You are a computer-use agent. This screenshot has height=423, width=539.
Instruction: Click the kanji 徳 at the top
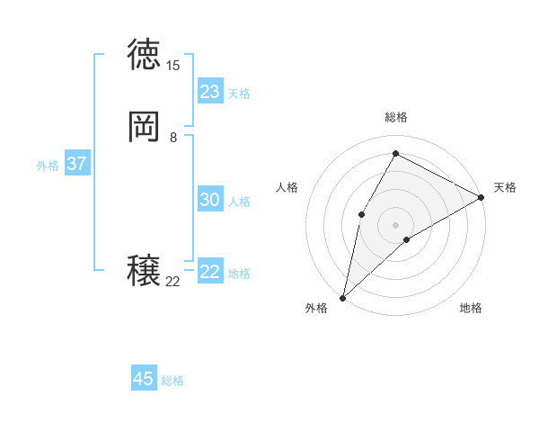pos(144,55)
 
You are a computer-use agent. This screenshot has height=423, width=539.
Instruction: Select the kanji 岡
pos(144,128)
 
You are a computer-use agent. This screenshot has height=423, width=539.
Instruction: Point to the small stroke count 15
pos(172,66)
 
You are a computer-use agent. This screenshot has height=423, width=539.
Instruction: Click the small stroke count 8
pos(172,138)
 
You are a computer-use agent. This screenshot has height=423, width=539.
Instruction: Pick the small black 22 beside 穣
pos(172,282)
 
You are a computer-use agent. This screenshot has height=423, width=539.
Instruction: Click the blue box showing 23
pos(210,92)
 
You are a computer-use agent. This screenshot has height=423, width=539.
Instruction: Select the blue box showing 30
pos(210,200)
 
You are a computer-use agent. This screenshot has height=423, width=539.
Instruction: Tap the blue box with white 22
pos(210,272)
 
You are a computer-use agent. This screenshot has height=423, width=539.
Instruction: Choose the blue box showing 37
pos(76,164)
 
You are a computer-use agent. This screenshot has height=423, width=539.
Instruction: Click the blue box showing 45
pos(144,379)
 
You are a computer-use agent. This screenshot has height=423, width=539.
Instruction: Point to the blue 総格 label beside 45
pos(172,381)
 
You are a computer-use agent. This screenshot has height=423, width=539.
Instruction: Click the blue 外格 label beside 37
pos(48,166)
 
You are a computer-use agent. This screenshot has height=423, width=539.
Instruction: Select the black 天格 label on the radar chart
pos(505,187)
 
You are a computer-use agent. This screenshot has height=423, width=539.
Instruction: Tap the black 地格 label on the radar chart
pos(471,308)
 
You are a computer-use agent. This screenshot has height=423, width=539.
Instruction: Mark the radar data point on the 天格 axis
pos(482,197)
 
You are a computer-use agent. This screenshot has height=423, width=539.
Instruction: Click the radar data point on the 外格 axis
pos(342,297)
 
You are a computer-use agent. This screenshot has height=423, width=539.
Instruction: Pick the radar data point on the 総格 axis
pos(395,153)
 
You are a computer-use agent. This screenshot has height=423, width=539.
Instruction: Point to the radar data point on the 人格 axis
pos(361,214)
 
